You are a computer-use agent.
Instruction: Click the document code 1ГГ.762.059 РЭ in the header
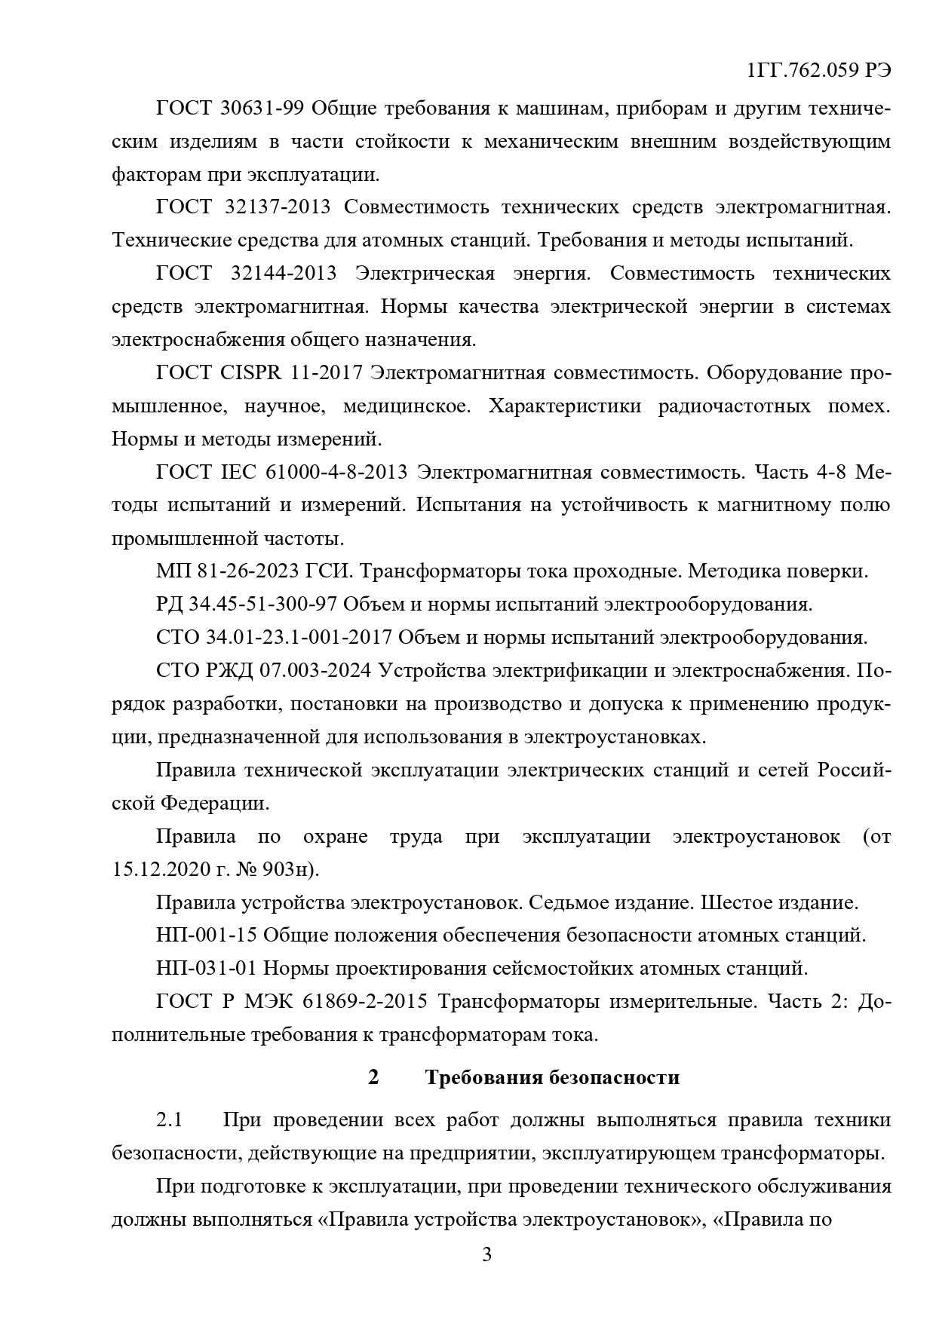point(819,71)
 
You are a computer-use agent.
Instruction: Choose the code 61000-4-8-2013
point(336,472)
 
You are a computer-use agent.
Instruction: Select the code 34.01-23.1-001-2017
point(299,638)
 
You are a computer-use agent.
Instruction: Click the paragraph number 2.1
point(170,1120)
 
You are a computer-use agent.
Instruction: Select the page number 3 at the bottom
point(486,1255)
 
